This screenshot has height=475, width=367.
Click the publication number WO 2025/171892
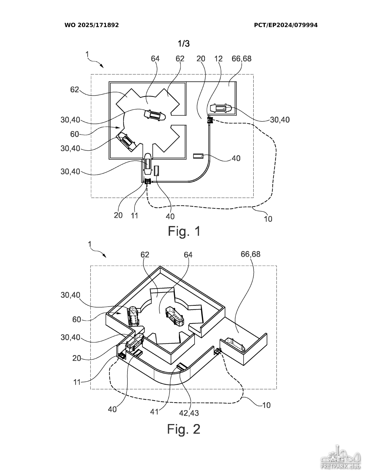pyautogui.click(x=92, y=25)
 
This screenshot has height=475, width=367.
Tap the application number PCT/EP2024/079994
pyautogui.click(x=286, y=25)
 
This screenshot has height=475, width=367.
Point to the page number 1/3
pyautogui.click(x=184, y=44)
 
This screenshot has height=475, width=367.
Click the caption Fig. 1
pyautogui.click(x=184, y=231)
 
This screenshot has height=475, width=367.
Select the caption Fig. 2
pyautogui.click(x=184, y=429)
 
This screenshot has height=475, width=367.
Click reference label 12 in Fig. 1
pyautogui.click(x=218, y=58)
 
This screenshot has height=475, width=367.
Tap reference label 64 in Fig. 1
pyautogui.click(x=155, y=58)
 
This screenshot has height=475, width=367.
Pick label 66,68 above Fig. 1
pyautogui.click(x=242, y=58)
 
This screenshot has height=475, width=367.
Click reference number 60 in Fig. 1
pyautogui.click(x=74, y=134)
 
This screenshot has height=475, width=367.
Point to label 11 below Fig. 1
pyautogui.click(x=134, y=216)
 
